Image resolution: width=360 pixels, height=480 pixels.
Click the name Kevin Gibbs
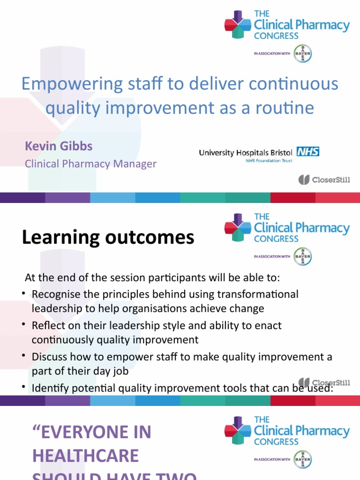(59, 146)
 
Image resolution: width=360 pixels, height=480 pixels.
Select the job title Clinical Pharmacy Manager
(90, 164)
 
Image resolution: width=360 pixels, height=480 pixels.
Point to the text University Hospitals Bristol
(246, 152)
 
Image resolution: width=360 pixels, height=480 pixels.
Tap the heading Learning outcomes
(108, 238)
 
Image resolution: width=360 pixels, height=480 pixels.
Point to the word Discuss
(47, 357)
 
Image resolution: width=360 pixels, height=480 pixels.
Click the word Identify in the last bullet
(48, 388)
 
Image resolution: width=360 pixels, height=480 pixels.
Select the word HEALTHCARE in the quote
(85, 456)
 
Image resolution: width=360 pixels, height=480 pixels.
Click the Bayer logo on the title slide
(302, 53)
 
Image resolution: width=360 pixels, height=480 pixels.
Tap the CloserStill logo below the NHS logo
(324, 180)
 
